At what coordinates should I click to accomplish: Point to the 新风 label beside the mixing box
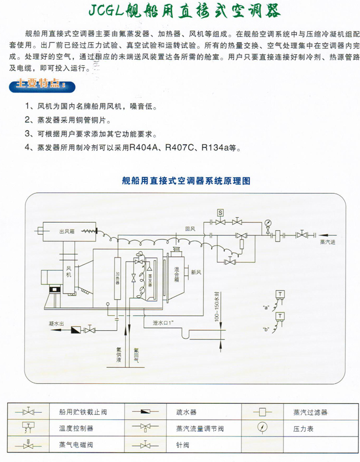(x=196, y=273)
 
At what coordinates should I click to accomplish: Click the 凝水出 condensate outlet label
(x=55, y=322)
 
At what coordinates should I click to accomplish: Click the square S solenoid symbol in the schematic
(x=220, y=213)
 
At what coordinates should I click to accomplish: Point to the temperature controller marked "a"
(x=281, y=296)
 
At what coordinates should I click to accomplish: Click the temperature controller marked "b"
(x=281, y=318)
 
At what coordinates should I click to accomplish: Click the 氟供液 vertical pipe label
(x=119, y=354)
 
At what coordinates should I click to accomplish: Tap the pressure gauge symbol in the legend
(x=260, y=428)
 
